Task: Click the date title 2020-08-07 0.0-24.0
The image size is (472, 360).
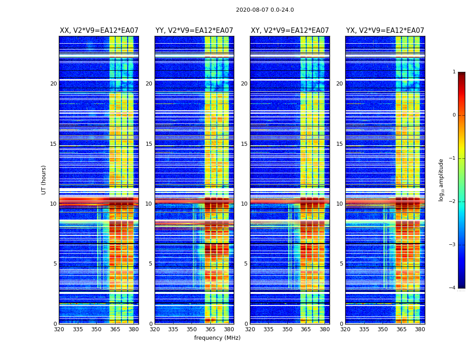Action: coord(265,10)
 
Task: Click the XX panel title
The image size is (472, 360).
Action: coord(99,31)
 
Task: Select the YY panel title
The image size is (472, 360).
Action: coord(194,31)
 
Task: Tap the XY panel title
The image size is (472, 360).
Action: coord(289,31)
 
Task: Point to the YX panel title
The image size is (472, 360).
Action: coord(385,31)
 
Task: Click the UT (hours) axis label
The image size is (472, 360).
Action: coord(44,180)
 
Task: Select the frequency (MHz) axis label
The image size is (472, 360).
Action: coord(217,338)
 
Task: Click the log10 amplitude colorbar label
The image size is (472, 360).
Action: coord(441,180)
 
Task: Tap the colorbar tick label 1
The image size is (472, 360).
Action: coord(454,72)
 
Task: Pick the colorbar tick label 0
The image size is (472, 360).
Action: coord(454,115)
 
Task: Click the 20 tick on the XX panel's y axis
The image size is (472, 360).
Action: coord(53,84)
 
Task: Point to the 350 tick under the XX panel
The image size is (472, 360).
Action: coord(96,329)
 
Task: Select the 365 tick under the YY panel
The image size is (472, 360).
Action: coord(210,329)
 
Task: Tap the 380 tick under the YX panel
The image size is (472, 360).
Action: coord(420,329)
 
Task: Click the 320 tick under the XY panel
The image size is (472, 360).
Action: coord(250,329)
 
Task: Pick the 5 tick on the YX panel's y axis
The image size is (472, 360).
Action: coord(341,264)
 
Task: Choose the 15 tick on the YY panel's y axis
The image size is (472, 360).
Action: coord(149,144)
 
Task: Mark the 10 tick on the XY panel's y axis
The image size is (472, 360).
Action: coord(244,204)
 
